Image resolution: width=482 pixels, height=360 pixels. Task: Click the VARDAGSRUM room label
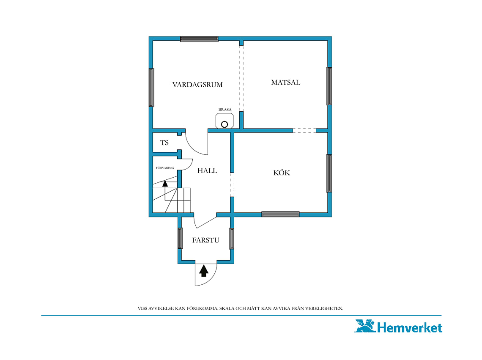click(197, 85)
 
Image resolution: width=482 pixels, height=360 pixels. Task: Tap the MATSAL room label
click(285, 82)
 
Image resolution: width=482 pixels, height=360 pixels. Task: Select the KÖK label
click(282, 173)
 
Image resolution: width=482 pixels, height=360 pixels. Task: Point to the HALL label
click(207, 170)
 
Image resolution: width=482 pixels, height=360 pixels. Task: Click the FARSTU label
click(205, 240)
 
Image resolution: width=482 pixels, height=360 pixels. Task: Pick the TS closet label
click(164, 143)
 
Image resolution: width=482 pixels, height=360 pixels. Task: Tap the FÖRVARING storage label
click(165, 168)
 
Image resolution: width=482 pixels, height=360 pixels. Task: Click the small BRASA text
click(225, 110)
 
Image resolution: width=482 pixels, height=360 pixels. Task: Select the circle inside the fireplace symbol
click(225, 124)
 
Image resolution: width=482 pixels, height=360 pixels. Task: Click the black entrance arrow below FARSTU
click(203, 271)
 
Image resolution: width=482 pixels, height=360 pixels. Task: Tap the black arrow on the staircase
click(165, 184)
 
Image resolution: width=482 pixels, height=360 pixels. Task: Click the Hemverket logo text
click(410, 327)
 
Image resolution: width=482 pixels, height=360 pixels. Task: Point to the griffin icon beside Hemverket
click(365, 326)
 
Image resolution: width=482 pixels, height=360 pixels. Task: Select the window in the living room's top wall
click(199, 39)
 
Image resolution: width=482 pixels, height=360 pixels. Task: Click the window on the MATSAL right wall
click(329, 86)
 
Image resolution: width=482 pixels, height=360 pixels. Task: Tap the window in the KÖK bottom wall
click(280, 214)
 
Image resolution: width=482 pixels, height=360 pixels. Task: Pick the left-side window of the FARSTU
click(181, 239)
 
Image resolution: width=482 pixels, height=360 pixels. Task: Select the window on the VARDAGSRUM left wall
click(151, 88)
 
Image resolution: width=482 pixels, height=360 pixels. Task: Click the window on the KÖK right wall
click(329, 173)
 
